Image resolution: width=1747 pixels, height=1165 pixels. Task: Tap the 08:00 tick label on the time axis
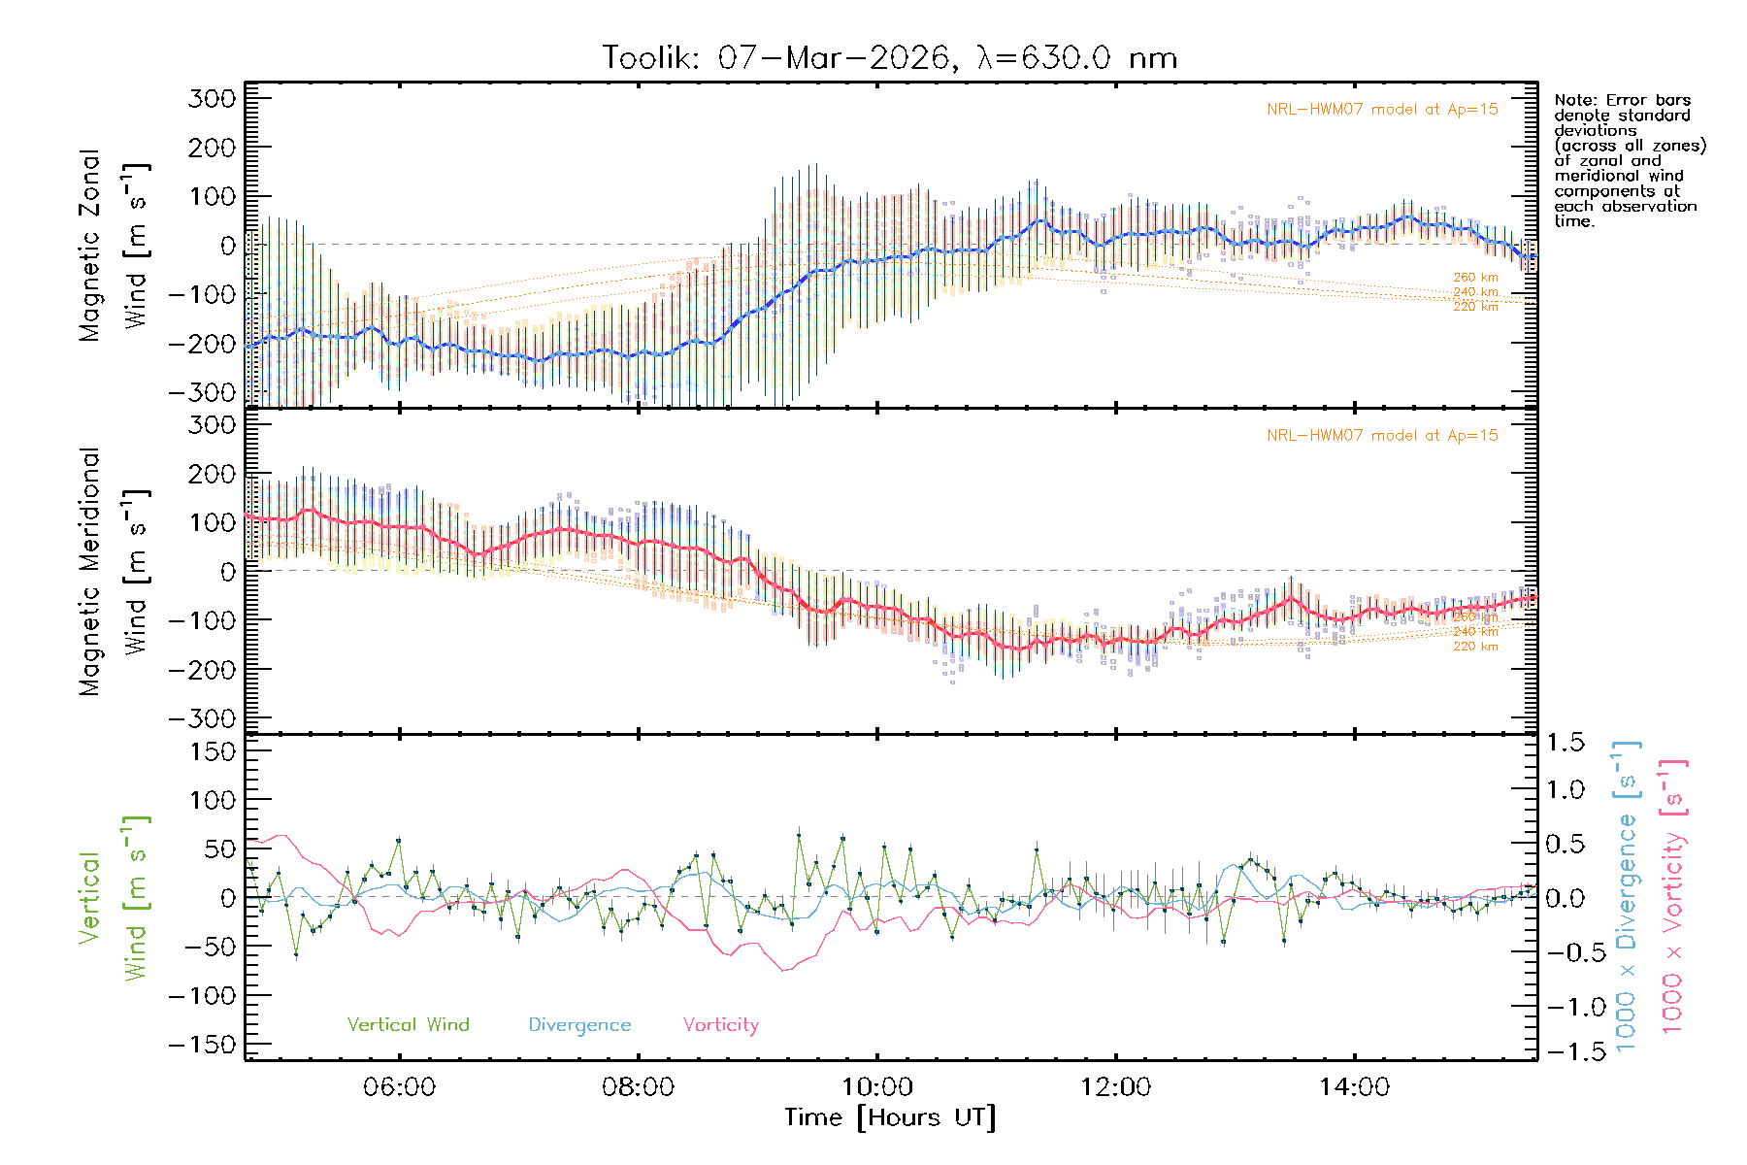[x=638, y=1087]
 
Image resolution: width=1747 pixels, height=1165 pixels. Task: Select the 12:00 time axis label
[x=1115, y=1087]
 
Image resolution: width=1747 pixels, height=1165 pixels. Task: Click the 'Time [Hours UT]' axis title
[x=889, y=1117]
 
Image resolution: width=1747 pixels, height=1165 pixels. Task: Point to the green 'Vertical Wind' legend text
[x=408, y=1025]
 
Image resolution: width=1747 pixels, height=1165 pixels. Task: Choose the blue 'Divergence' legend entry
[x=579, y=1025]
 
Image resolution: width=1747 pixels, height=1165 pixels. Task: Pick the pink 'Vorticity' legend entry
[x=720, y=1025]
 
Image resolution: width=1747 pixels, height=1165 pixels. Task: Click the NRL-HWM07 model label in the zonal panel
[x=1382, y=110]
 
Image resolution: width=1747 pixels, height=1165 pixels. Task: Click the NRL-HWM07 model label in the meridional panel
[x=1382, y=436]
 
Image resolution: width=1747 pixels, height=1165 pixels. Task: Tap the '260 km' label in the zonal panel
[x=1475, y=278]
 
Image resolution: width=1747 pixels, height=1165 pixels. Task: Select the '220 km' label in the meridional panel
[x=1475, y=647]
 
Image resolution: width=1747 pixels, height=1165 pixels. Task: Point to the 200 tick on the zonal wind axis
[x=213, y=148]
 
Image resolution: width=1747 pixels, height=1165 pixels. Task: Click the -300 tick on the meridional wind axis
[x=202, y=718]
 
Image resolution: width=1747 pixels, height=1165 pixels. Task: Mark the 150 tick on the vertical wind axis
[x=213, y=751]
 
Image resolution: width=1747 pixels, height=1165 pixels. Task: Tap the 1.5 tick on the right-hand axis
[x=1566, y=743]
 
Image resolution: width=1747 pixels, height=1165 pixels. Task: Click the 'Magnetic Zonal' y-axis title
[x=90, y=246]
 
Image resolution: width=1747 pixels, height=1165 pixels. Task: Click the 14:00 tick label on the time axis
[x=1354, y=1087]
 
